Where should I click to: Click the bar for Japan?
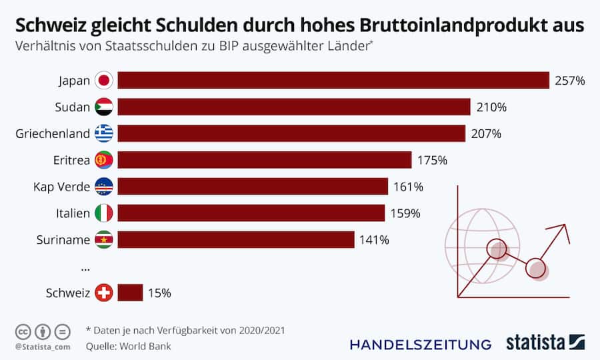333,81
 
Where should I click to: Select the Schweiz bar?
130,293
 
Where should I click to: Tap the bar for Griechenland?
291,133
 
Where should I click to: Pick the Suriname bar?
236,239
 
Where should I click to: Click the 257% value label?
570,81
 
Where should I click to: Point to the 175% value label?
432,160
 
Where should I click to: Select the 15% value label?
160,293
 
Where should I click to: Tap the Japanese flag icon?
104,81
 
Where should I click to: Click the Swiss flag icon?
104,293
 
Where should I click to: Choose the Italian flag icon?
104,213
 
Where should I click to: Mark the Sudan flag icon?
104,107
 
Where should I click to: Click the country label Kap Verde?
61,187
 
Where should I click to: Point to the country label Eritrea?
71,160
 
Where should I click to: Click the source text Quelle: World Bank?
128,346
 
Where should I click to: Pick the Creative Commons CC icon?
23,331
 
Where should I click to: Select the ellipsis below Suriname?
85,267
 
